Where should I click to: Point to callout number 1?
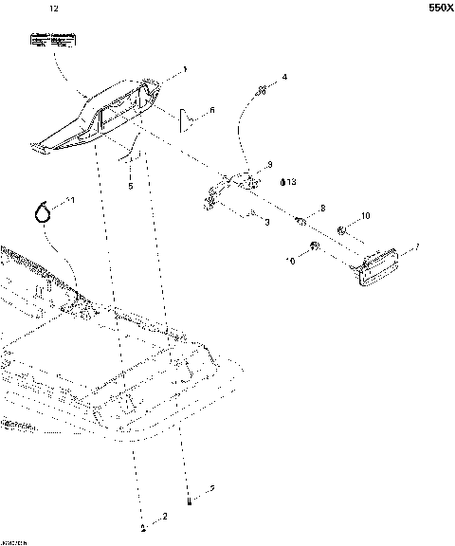[185, 69]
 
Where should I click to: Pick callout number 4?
[284, 76]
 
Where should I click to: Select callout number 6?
[211, 111]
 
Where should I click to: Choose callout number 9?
[269, 164]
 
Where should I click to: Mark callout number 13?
[292, 181]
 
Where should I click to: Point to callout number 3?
[267, 221]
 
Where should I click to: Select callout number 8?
[322, 208]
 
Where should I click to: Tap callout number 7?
[415, 248]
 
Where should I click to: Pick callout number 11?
[67, 201]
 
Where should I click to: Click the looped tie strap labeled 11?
[43, 210]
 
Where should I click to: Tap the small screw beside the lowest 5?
[191, 500]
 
